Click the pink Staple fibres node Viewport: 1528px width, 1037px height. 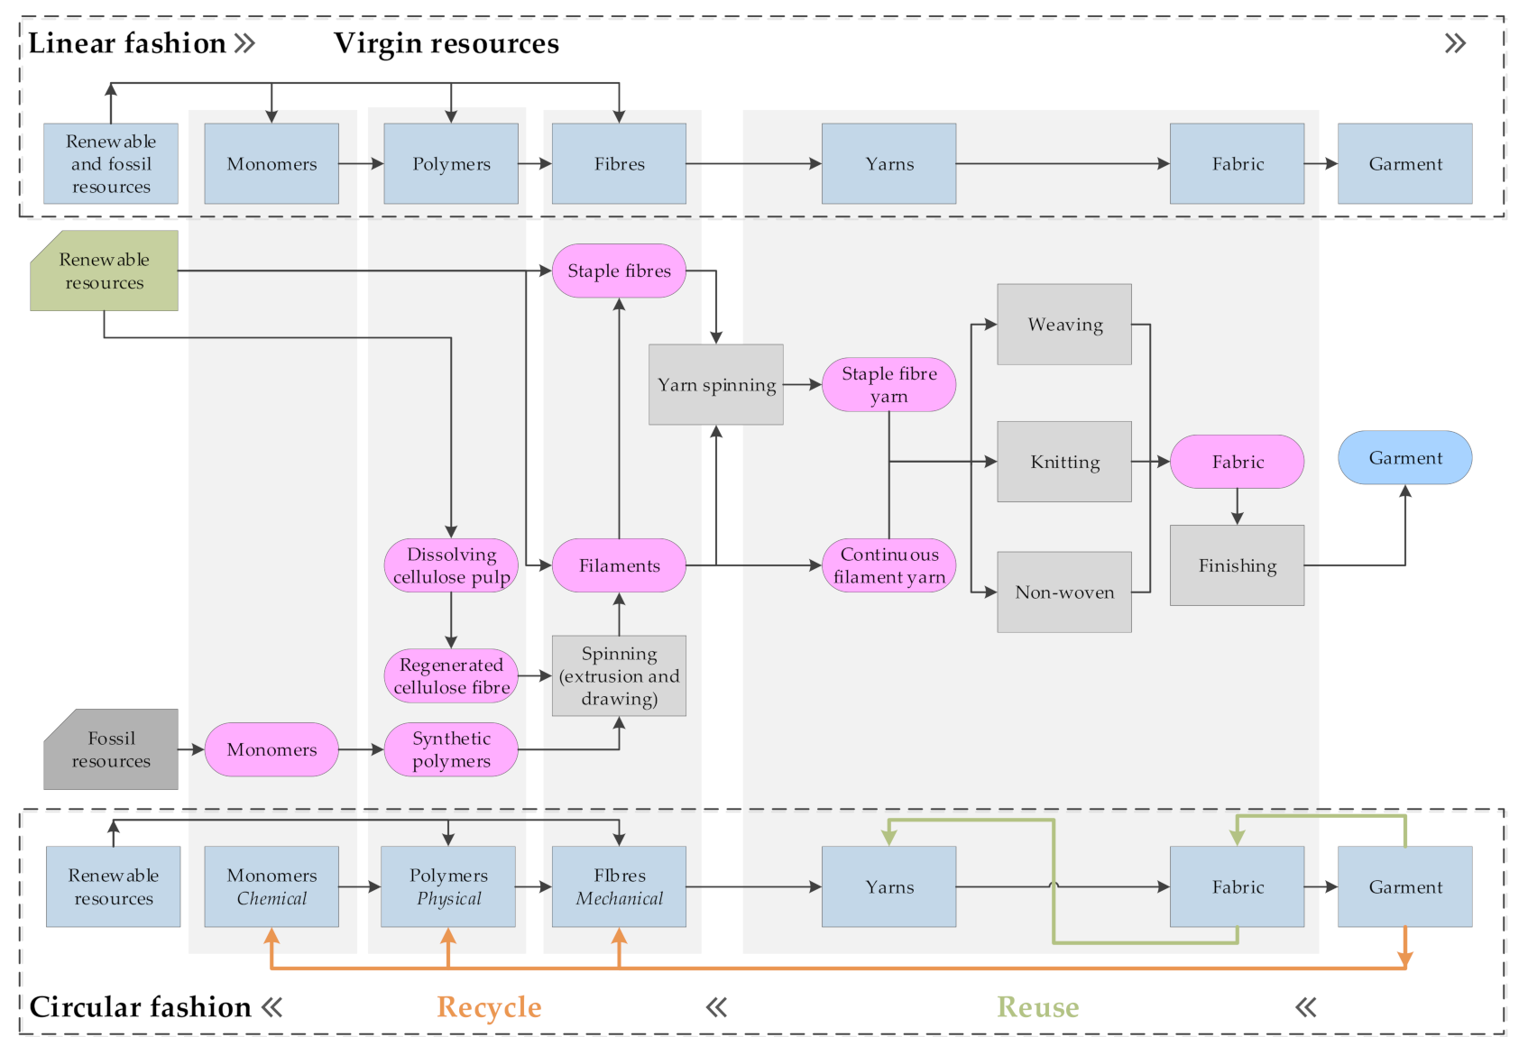[x=619, y=271]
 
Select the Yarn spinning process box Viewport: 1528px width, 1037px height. [x=715, y=384]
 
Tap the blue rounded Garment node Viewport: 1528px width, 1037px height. [x=1404, y=458]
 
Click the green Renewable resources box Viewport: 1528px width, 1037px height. [x=104, y=271]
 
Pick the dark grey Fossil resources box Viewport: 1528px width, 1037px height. [x=111, y=749]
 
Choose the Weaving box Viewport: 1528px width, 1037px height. [x=1064, y=325]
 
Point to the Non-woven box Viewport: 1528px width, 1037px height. [x=1064, y=592]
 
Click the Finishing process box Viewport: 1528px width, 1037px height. [x=1237, y=565]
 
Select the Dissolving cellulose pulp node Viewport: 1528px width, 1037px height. [x=451, y=565]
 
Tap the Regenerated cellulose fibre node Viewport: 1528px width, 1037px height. [x=451, y=675]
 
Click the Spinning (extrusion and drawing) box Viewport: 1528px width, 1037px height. [x=619, y=675]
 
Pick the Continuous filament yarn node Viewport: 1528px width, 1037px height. [x=888, y=565]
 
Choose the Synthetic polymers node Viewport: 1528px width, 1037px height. [x=451, y=749]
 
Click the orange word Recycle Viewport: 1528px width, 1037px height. [x=489, y=1006]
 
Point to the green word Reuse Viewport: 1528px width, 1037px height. [x=1037, y=1006]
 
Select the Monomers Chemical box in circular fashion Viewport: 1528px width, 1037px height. [x=272, y=886]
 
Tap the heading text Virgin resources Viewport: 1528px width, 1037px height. [x=446, y=43]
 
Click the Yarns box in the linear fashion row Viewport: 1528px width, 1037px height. [x=888, y=163]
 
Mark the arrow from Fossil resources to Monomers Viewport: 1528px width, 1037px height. [x=191, y=749]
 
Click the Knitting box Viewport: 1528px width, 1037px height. [x=1064, y=462]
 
